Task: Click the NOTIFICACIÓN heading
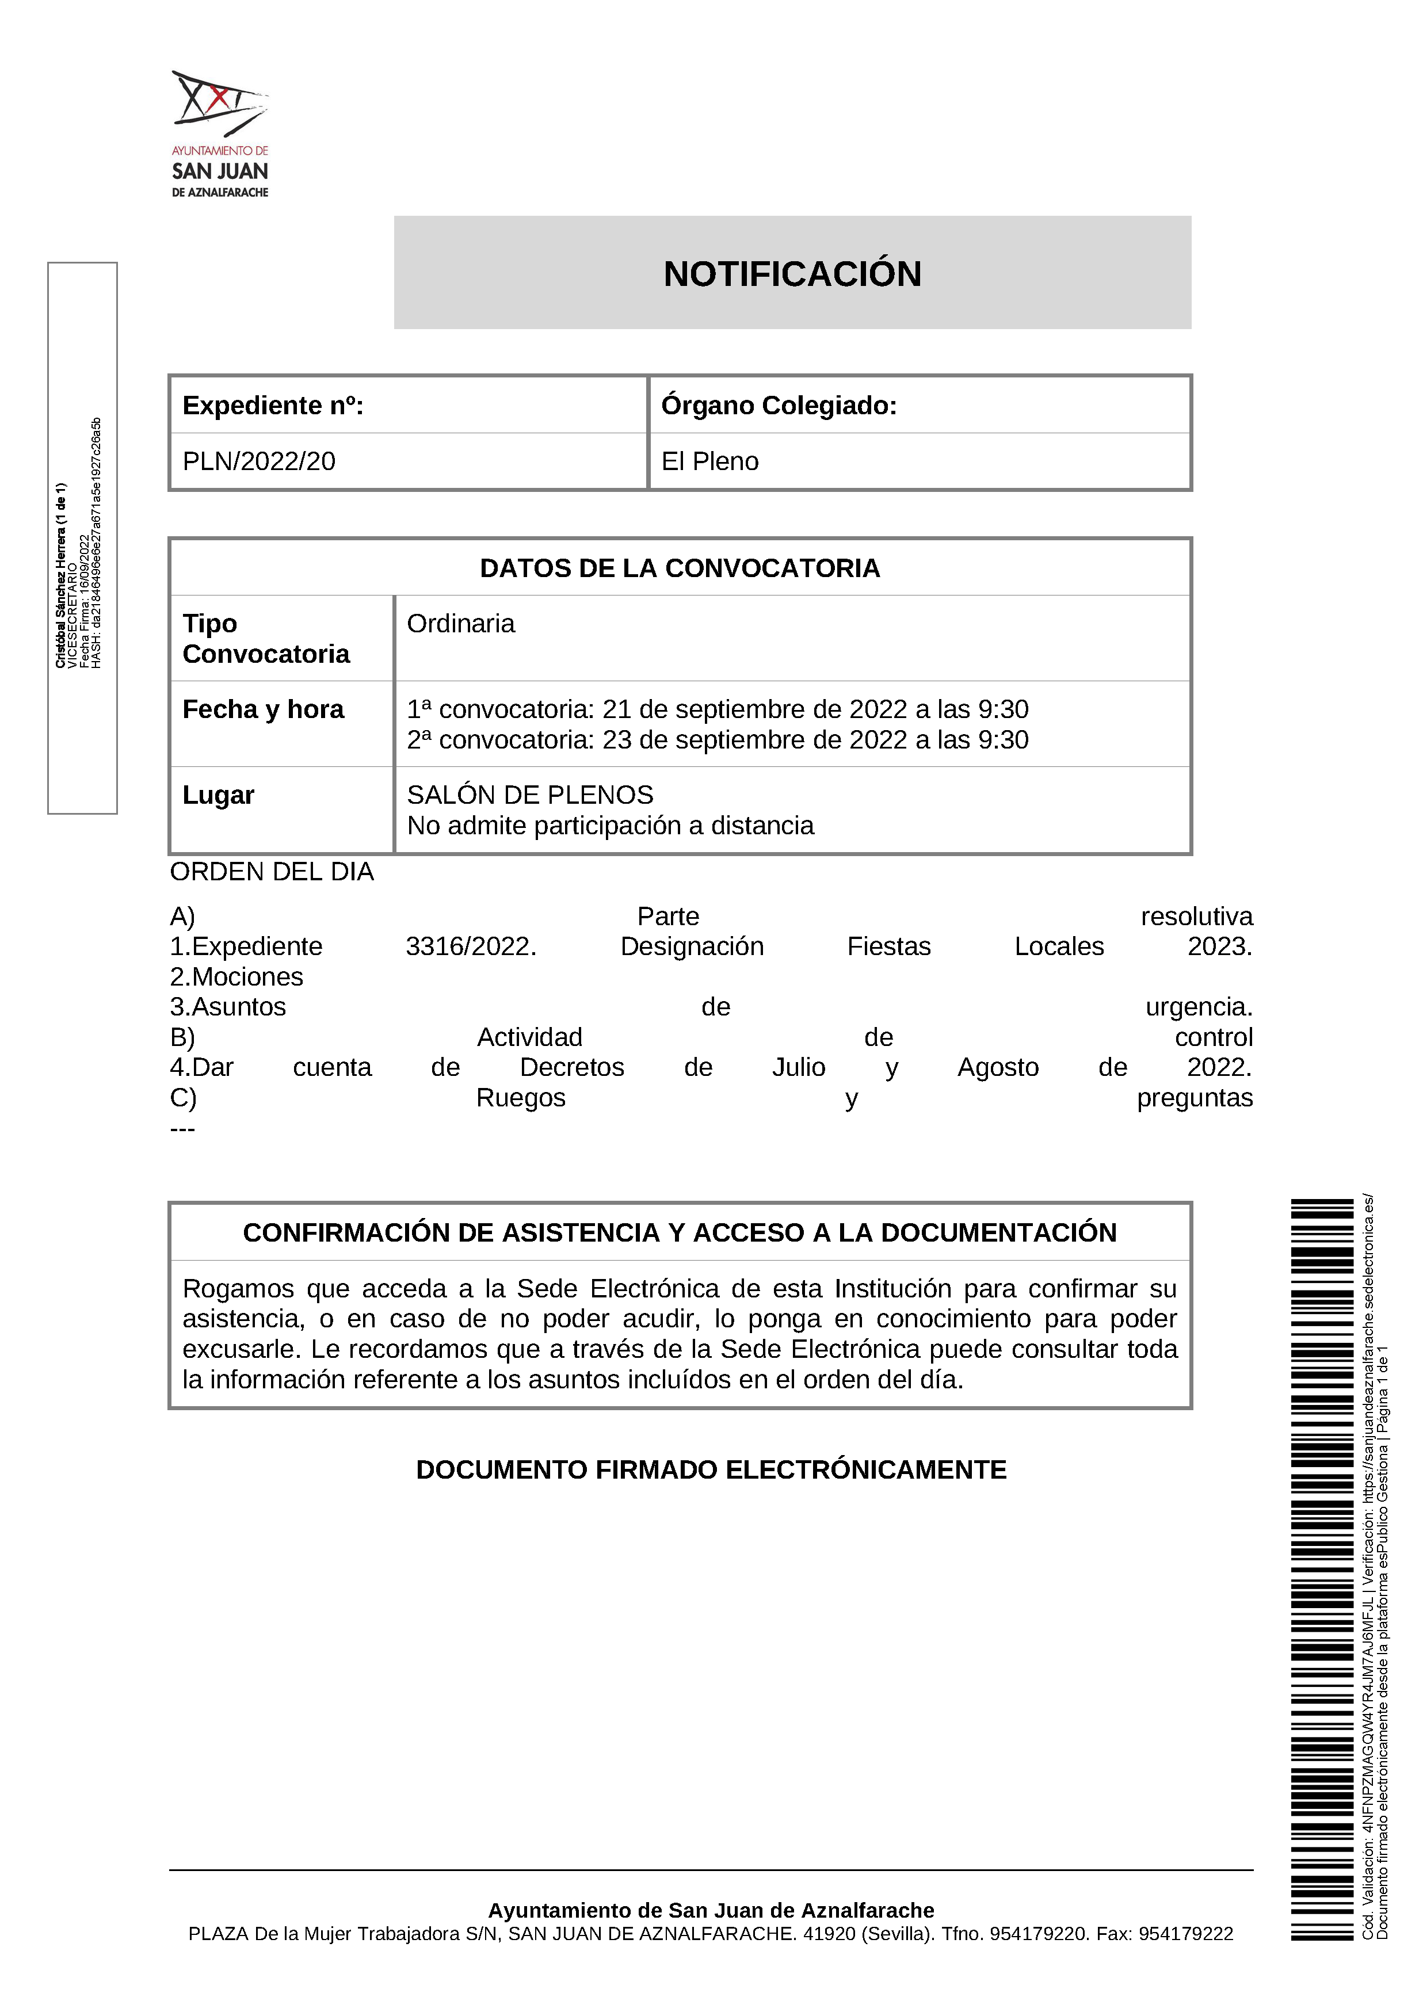coord(792,274)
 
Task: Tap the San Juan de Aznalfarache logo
coord(220,133)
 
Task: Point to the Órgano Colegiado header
coord(779,406)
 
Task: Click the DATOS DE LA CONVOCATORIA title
coord(680,568)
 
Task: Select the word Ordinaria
coord(461,624)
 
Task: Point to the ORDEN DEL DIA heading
coord(272,872)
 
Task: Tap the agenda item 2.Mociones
coord(236,977)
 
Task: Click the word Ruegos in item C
coord(521,1098)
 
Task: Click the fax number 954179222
coord(1185,1934)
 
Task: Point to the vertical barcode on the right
coord(1322,1568)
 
